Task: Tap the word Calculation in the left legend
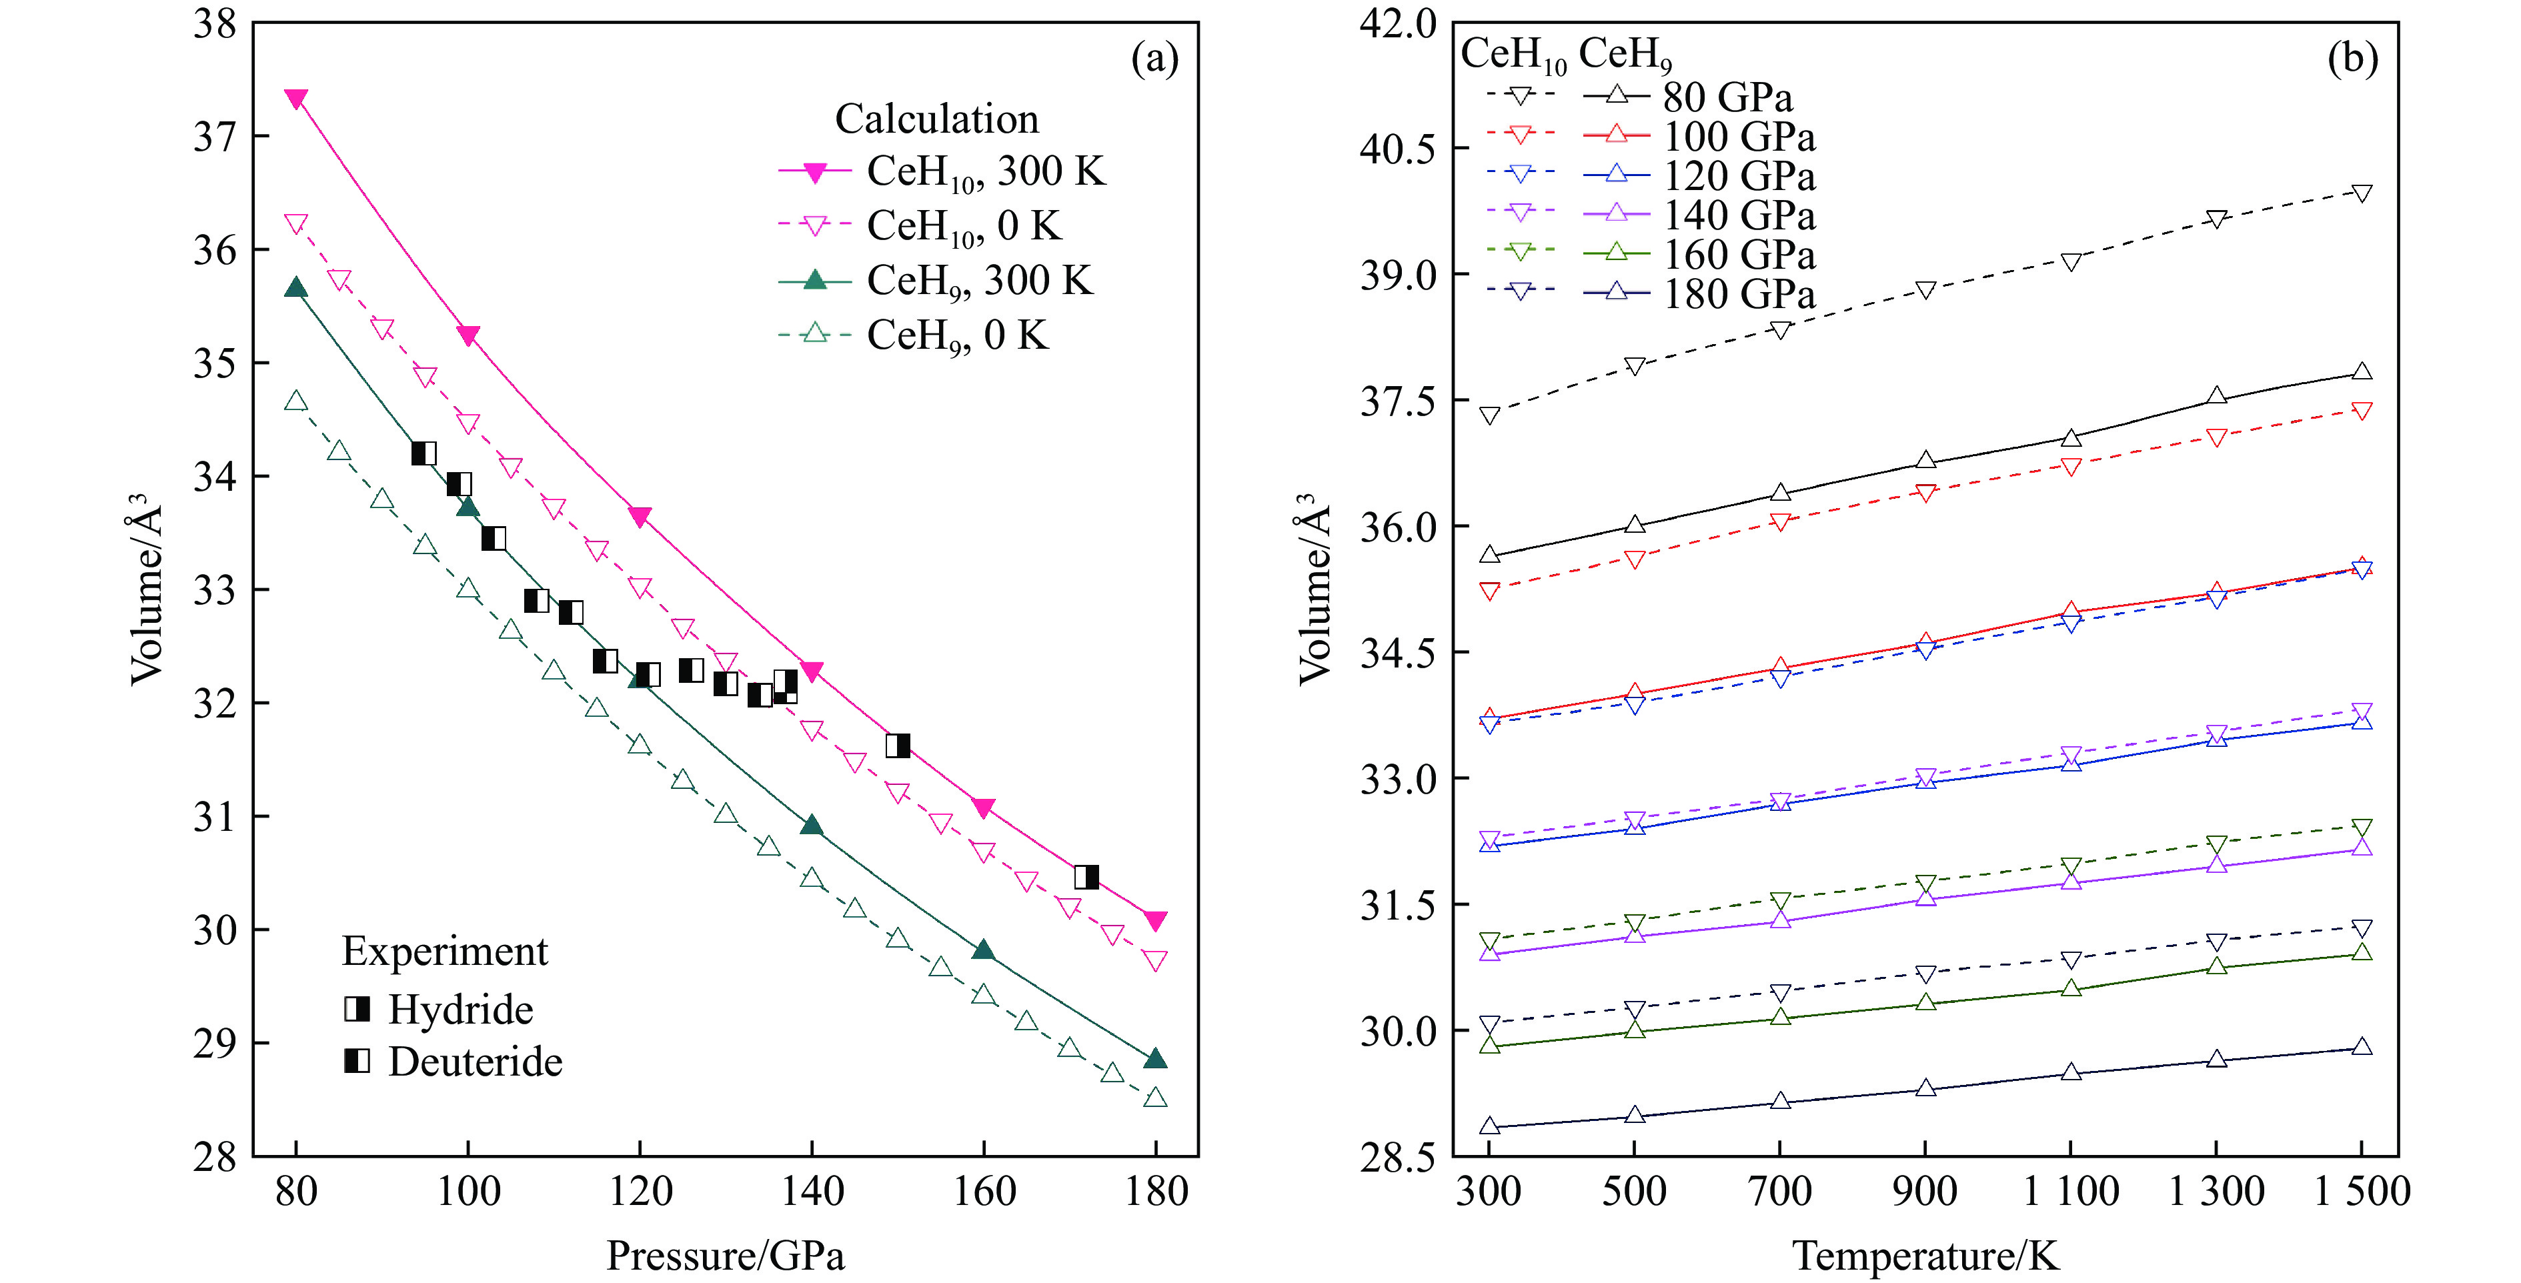[936, 119]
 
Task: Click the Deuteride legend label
[475, 1062]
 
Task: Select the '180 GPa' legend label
[1739, 295]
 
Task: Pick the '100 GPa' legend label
[1739, 137]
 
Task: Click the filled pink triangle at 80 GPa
[295, 99]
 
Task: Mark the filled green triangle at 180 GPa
[1155, 1059]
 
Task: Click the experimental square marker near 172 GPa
[1086, 877]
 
